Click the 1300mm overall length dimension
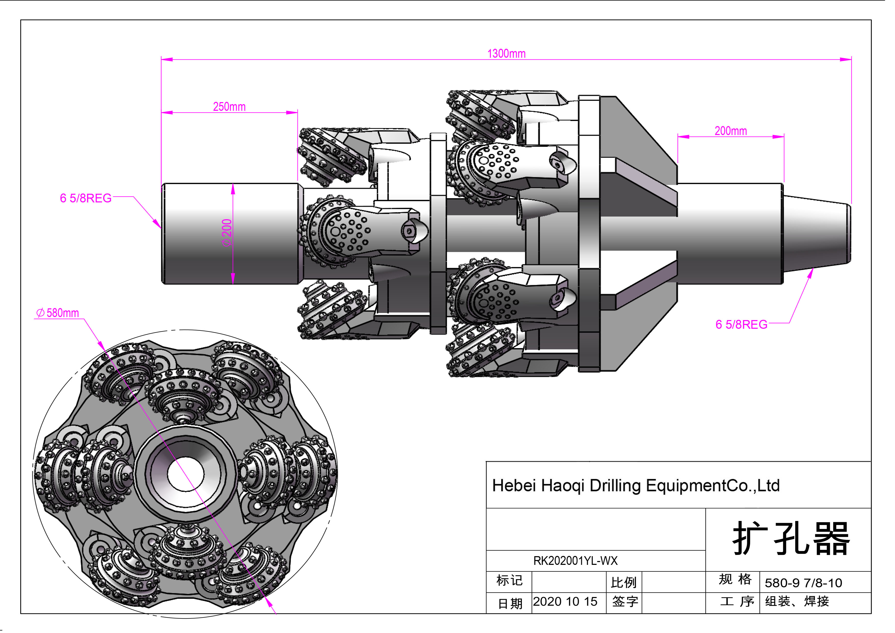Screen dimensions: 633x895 506,54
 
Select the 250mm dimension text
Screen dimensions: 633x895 229,107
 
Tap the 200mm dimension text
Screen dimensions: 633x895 730,131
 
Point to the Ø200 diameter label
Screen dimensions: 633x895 227,233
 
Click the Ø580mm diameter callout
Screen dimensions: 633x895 58,313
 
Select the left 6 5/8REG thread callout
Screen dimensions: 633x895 86,198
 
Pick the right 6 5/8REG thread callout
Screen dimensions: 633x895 741,325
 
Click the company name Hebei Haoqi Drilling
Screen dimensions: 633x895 635,486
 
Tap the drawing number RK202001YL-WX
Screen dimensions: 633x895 575,561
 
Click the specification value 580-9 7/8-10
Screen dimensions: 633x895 803,583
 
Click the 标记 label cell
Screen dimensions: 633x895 509,580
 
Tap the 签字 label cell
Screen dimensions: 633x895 624,601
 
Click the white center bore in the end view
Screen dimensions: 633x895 186,474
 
